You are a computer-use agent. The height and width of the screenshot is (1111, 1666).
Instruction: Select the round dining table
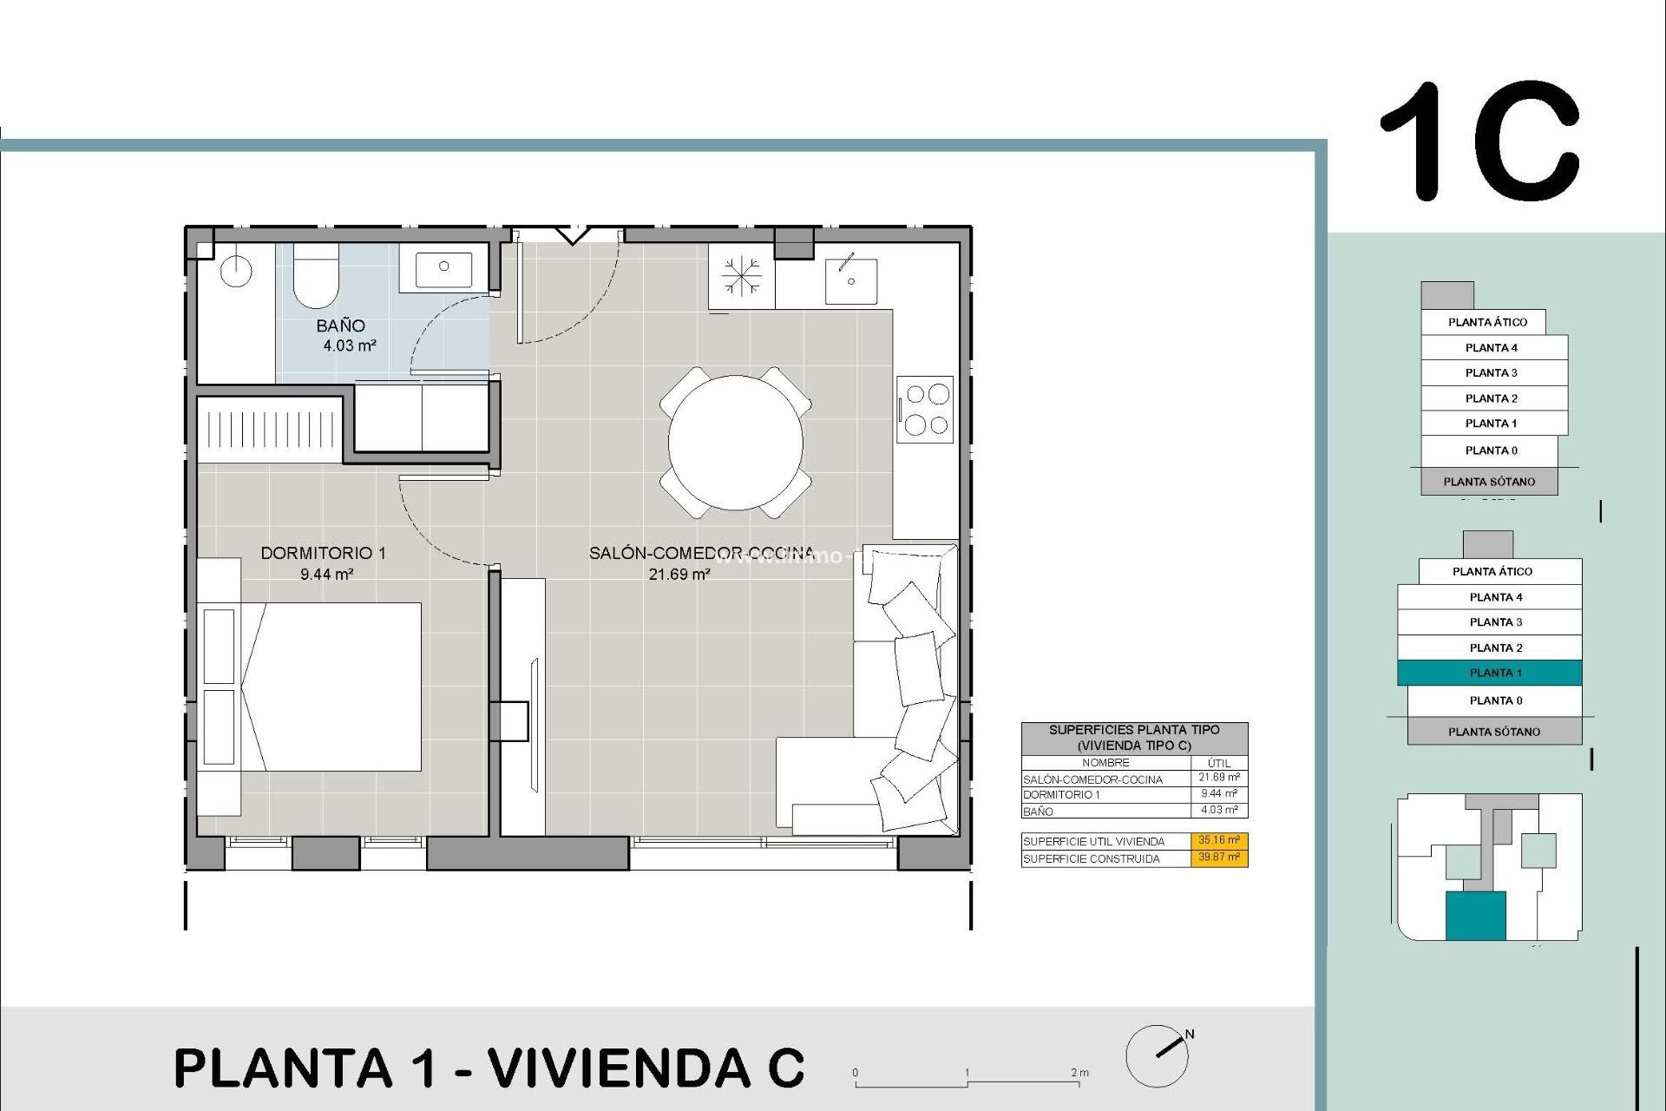tap(735, 443)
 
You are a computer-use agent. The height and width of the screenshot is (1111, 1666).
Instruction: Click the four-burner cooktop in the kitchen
tap(926, 409)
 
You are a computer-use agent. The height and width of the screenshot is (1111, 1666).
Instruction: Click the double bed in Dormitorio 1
tap(334, 687)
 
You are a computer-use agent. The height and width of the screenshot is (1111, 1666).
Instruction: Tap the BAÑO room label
tap(340, 325)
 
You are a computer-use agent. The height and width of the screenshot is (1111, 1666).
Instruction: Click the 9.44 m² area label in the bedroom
tap(326, 575)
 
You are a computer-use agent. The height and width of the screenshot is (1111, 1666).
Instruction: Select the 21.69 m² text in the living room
tap(679, 575)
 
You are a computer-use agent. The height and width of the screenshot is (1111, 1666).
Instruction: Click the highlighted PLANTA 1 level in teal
tap(1490, 673)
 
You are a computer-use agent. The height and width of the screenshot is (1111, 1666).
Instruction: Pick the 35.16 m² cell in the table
tap(1219, 840)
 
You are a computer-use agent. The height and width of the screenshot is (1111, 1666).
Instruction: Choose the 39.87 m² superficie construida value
tap(1219, 858)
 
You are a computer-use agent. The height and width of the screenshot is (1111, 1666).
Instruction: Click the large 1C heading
tap(1479, 141)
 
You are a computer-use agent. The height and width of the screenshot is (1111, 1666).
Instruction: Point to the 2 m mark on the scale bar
tap(1079, 1074)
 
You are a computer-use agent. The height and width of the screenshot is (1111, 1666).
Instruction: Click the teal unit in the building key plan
tap(1475, 916)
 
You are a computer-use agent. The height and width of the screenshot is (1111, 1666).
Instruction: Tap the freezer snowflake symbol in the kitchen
tap(741, 277)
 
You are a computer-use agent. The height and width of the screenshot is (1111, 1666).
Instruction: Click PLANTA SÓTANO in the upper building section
tap(1489, 482)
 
